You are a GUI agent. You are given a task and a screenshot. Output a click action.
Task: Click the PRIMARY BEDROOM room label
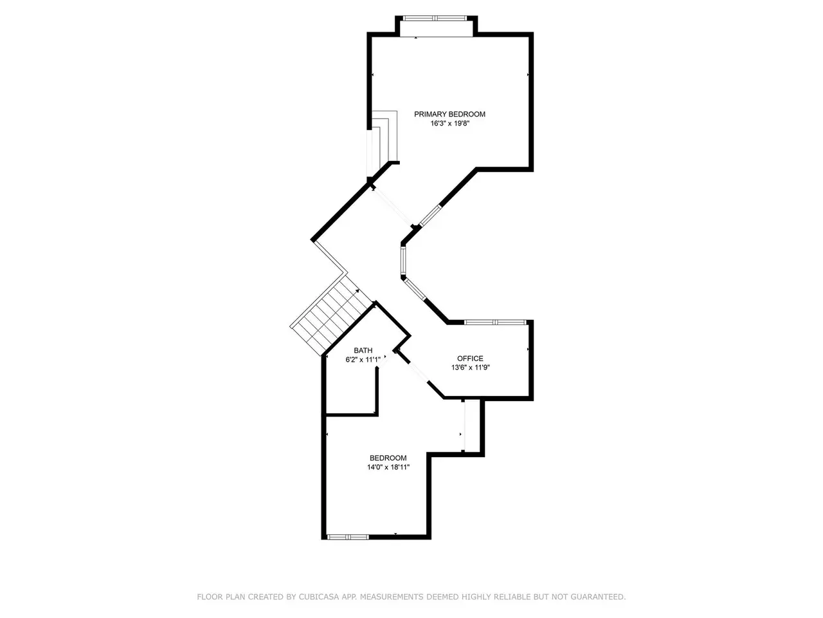(x=449, y=114)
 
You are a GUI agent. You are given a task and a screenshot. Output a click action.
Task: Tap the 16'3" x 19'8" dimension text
(x=449, y=124)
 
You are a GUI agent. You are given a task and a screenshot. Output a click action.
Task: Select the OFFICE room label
(x=470, y=359)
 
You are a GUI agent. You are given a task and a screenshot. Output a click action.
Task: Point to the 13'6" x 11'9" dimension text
(x=470, y=368)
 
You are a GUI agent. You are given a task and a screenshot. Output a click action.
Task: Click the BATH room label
(x=363, y=350)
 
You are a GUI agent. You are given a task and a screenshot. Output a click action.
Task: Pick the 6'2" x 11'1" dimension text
(x=363, y=360)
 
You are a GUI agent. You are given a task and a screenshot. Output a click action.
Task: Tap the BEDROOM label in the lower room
(x=388, y=458)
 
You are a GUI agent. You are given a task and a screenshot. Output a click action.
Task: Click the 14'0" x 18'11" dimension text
(x=388, y=467)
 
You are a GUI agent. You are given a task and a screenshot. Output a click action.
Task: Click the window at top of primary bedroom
(x=435, y=17)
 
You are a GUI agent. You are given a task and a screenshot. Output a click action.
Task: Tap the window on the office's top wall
(x=495, y=322)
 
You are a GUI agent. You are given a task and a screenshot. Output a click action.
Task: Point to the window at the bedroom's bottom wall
(x=348, y=538)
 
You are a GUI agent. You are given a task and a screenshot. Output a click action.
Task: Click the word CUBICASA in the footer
(x=316, y=597)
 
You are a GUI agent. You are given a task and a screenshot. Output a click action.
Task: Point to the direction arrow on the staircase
(x=357, y=291)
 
